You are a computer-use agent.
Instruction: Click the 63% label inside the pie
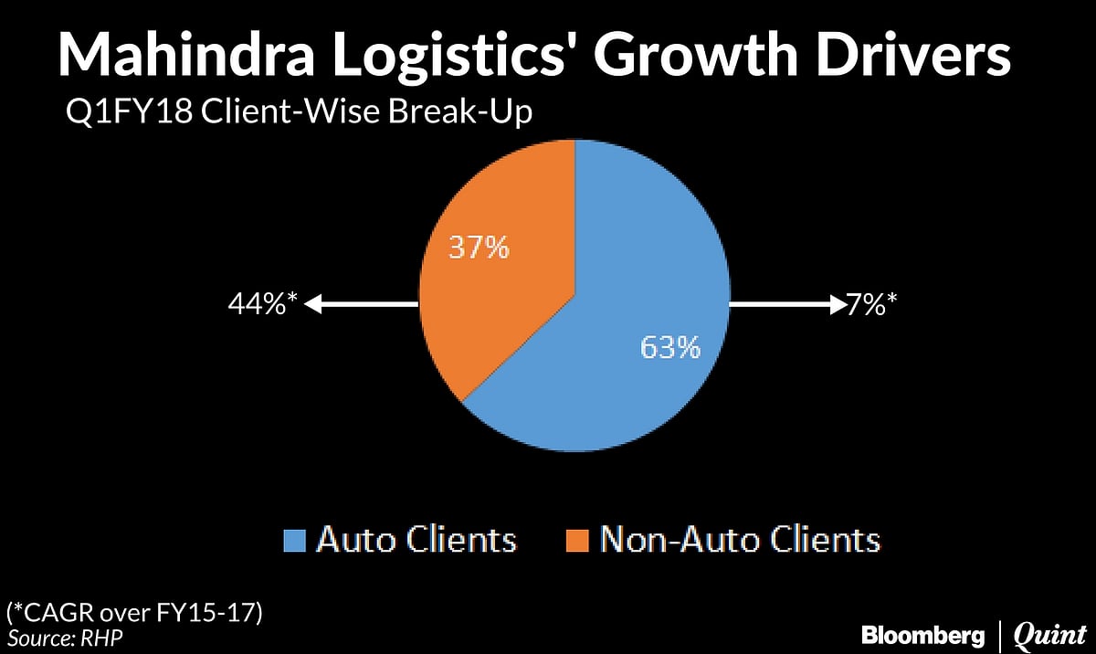coord(669,347)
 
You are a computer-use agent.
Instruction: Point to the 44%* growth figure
coord(263,305)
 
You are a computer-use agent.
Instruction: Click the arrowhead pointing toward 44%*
coord(312,305)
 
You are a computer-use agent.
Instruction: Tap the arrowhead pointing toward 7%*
coord(835,305)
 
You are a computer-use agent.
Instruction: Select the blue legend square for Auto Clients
coord(296,539)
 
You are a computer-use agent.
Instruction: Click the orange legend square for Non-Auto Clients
coord(578,539)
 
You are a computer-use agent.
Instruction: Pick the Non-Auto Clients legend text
coord(740,539)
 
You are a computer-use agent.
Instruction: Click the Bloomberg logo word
coord(923,634)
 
